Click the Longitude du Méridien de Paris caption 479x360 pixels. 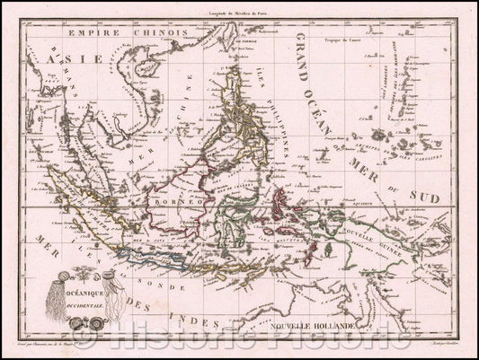pyautogui.click(x=240, y=9)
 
